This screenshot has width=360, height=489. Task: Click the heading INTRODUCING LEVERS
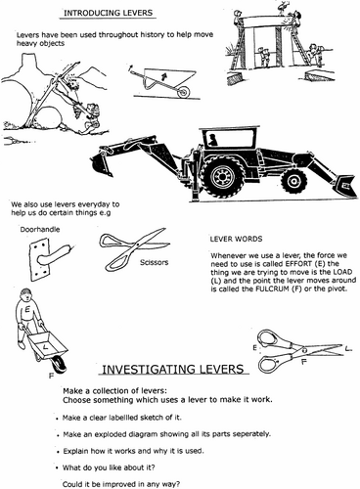point(108,13)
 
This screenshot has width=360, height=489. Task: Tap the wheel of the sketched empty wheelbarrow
point(183,92)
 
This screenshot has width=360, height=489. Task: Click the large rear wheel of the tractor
point(223,176)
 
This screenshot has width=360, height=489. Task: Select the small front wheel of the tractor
point(293,181)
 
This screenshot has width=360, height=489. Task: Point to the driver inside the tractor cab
point(213,140)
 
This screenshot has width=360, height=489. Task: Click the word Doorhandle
point(40,230)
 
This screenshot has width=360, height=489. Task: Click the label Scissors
point(155,262)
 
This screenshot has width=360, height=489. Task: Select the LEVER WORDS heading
point(236,239)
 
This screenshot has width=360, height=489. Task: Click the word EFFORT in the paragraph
point(296,263)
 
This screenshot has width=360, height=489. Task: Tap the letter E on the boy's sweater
point(27,310)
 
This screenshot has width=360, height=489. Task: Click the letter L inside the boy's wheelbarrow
point(45,347)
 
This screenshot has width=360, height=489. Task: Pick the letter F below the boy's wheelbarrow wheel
point(51,376)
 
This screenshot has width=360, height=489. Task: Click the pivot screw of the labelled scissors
point(304,350)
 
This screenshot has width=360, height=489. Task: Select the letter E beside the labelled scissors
point(254,348)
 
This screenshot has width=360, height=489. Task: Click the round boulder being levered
point(49,119)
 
